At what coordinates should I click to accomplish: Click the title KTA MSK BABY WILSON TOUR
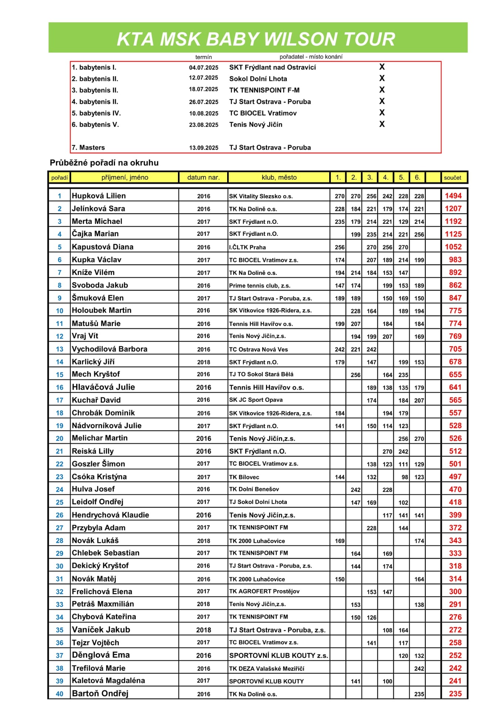(x=256, y=39)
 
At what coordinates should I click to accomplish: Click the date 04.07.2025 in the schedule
(x=203, y=67)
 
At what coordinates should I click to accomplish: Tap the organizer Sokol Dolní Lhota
(x=258, y=79)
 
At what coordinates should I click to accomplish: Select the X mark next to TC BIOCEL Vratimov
(x=382, y=113)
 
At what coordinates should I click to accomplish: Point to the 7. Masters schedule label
(x=88, y=147)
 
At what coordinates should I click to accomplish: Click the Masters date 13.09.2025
(x=203, y=148)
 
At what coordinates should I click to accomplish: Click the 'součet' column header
(x=452, y=178)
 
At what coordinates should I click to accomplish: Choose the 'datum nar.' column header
(x=203, y=177)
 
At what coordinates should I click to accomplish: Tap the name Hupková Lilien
(x=99, y=196)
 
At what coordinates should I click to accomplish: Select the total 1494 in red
(x=453, y=196)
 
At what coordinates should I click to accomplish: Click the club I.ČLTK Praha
(x=247, y=247)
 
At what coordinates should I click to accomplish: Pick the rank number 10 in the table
(x=60, y=311)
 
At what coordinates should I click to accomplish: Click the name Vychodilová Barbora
(x=110, y=349)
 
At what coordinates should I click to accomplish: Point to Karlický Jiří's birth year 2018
(x=203, y=362)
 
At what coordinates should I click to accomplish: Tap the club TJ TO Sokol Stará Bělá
(x=261, y=374)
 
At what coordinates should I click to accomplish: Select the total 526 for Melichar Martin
(x=455, y=438)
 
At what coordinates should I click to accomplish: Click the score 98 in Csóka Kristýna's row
(x=405, y=477)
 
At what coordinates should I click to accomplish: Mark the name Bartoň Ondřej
(x=100, y=694)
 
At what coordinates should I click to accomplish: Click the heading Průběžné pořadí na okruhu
(x=104, y=163)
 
